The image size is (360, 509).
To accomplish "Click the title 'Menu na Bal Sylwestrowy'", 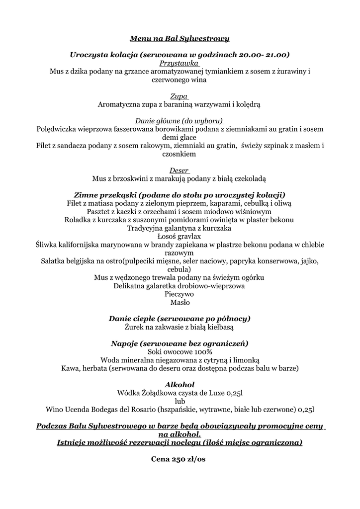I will click(180, 38).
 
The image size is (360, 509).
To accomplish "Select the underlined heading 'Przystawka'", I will click(180, 63).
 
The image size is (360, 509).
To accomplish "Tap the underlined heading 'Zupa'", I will click(180, 96).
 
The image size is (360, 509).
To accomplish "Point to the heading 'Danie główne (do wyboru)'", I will click(180, 121).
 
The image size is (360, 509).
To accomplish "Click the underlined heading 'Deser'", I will click(180, 170).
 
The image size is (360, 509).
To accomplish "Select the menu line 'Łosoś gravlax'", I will click(180, 236).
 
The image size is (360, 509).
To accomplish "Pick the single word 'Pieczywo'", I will click(180, 294).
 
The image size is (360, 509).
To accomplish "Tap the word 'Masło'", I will click(180, 302).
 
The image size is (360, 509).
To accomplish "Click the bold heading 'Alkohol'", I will click(180, 384).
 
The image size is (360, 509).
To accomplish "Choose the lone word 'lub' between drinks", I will click(180, 401).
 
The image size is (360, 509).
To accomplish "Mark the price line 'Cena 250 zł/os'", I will click(179, 459).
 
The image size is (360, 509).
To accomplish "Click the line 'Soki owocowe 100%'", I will click(180, 351).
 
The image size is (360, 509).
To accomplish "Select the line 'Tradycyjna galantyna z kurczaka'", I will click(180, 228).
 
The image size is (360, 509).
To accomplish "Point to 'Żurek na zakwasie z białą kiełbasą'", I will click(180, 327).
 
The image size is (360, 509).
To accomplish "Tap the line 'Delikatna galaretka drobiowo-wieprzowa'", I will click(180, 286).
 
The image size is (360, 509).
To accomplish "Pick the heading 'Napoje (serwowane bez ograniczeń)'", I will click(180, 343).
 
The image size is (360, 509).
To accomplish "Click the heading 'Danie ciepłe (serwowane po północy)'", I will click(180, 319).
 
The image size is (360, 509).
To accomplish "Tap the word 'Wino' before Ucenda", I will click(54, 410).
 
